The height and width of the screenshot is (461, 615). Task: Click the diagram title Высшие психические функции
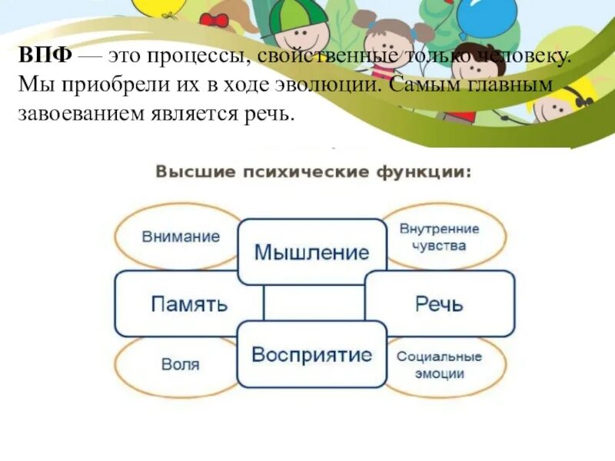point(313,171)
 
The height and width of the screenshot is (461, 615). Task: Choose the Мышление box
point(311,251)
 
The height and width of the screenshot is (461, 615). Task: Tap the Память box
point(189,303)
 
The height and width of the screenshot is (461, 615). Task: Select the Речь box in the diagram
point(439,303)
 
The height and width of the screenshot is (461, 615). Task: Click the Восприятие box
point(311,354)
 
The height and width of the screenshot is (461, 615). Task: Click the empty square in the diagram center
point(313,303)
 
